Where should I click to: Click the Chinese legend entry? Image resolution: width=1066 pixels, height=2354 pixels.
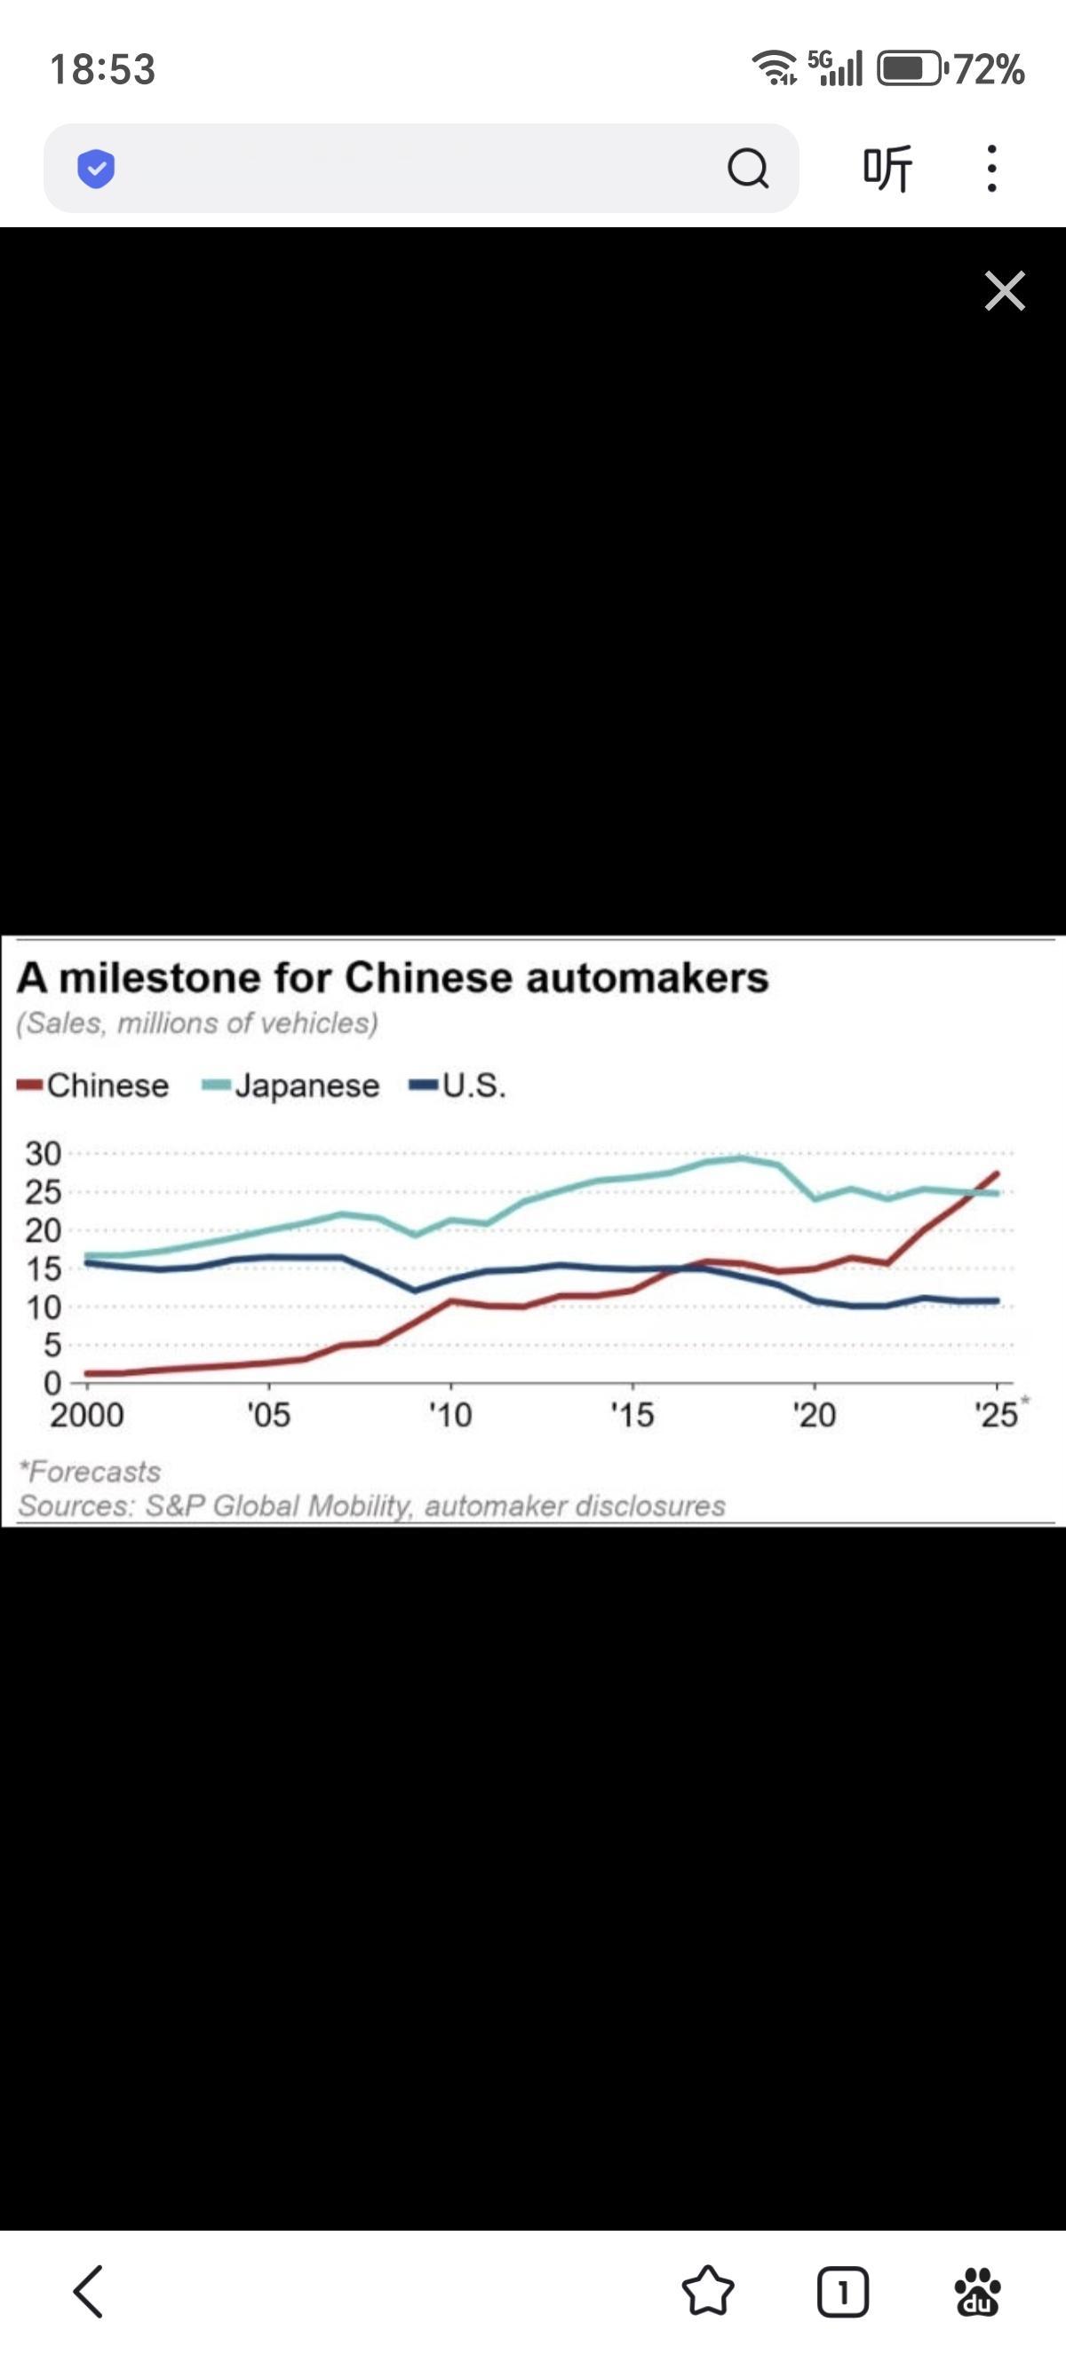point(95,1086)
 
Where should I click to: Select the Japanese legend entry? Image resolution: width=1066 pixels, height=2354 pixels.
point(292,1086)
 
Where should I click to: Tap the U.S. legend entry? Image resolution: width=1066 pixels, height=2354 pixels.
point(460,1086)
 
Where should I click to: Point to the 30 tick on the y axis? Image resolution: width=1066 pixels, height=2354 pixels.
point(43,1154)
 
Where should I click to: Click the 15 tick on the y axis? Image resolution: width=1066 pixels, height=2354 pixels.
point(43,1269)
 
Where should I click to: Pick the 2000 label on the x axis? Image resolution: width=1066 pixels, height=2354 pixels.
point(87,1416)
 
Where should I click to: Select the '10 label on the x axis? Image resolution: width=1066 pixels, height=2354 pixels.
point(450,1416)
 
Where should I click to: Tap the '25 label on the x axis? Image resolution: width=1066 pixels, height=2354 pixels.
point(997,1416)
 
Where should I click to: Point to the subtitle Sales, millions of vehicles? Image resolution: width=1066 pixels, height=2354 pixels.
point(196,1023)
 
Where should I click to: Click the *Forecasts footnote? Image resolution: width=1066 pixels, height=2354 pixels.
point(90,1473)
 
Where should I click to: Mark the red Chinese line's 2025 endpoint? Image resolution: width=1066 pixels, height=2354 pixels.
point(997,1173)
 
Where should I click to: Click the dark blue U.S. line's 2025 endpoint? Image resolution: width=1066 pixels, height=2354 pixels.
point(997,1301)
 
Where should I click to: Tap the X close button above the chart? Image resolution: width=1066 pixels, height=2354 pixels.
point(1005,290)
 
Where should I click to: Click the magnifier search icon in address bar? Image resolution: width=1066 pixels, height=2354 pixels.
point(748,168)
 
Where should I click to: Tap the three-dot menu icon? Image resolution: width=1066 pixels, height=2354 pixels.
point(992,168)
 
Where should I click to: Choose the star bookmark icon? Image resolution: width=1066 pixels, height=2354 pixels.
point(708,2292)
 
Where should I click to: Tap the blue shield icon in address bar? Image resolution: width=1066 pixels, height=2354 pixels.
point(96,168)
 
